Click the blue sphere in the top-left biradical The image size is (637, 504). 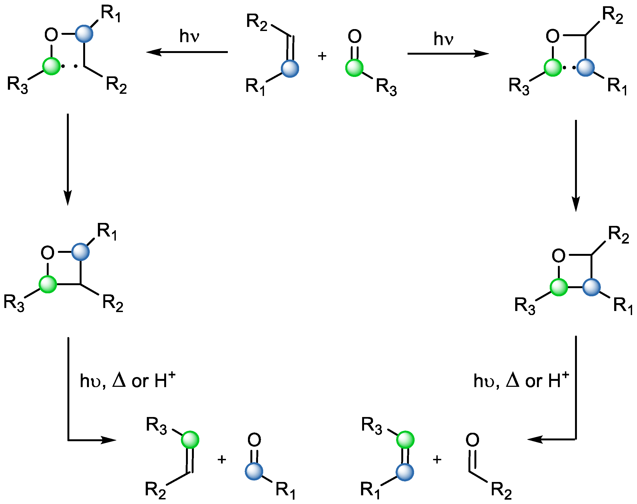[x=84, y=34]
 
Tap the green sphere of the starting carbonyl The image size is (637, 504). [x=354, y=68]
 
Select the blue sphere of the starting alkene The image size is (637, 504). [x=290, y=69]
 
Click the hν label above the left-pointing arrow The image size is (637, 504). [x=189, y=36]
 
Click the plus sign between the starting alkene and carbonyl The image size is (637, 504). [x=322, y=56]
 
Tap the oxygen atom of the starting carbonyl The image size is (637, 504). [x=355, y=36]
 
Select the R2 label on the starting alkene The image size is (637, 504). [x=257, y=22]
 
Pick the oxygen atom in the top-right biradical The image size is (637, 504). [x=553, y=36]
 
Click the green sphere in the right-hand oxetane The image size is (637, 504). [x=559, y=287]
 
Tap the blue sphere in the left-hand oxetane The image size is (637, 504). [x=80, y=252]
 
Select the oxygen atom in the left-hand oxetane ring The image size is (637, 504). [x=48, y=253]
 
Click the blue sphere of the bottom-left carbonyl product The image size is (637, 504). [x=254, y=471]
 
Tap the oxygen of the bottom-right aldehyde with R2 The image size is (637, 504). [x=472, y=440]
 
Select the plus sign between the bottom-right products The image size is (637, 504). [x=437, y=459]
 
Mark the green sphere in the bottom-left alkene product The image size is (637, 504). [x=190, y=440]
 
